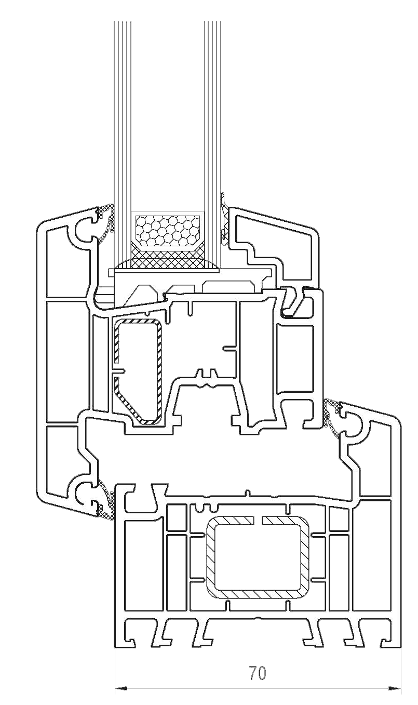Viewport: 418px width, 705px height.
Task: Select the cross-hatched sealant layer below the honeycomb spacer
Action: pos(167,258)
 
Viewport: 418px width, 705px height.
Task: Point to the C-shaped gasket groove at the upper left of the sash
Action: pos(84,229)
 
